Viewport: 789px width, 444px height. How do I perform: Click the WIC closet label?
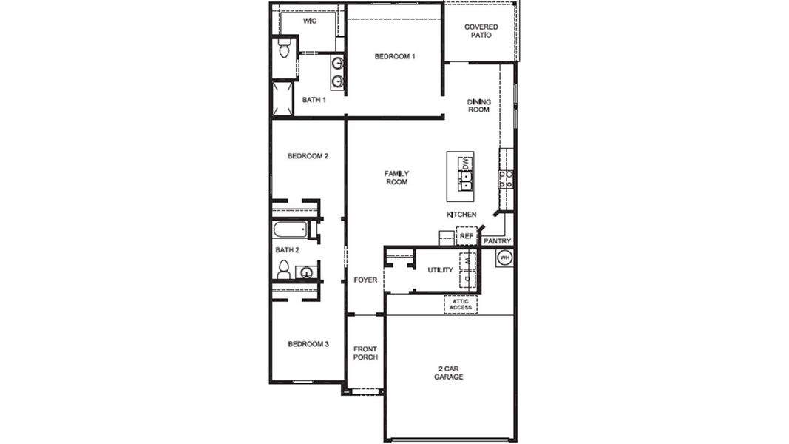(x=309, y=21)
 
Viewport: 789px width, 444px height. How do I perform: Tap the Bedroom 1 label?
(x=394, y=56)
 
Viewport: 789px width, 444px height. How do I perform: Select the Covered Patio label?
(x=481, y=31)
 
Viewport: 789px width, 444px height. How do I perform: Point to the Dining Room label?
(x=478, y=106)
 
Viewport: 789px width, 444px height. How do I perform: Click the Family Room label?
(x=396, y=178)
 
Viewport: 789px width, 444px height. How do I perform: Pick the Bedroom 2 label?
(x=308, y=156)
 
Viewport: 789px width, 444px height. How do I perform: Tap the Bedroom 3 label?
(x=308, y=344)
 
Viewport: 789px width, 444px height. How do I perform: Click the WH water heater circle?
(x=504, y=258)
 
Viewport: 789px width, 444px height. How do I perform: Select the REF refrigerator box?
(x=467, y=236)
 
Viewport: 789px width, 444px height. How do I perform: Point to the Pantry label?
(x=497, y=241)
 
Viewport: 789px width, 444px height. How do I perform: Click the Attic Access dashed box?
(x=461, y=304)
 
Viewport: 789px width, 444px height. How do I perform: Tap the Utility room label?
(x=440, y=270)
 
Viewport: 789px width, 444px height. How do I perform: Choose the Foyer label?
(x=365, y=280)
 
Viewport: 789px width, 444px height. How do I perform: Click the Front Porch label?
(x=365, y=353)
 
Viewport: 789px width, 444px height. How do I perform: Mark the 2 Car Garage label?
(x=448, y=372)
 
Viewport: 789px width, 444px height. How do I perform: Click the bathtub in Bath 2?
(x=290, y=229)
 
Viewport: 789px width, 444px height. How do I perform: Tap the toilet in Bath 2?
(x=283, y=272)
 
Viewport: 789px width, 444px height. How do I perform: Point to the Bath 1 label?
(x=314, y=100)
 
